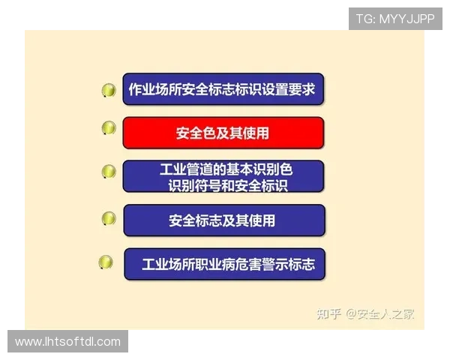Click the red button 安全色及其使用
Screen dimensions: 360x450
pyautogui.click(x=223, y=133)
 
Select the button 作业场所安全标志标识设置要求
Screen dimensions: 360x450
pyautogui.click(x=222, y=89)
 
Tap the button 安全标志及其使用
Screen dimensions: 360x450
pyautogui.click(x=223, y=220)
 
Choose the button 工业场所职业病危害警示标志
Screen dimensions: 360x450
pyautogui.click(x=224, y=264)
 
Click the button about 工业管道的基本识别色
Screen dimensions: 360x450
pyautogui.click(x=223, y=176)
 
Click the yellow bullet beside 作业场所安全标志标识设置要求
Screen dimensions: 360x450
pyautogui.click(x=109, y=91)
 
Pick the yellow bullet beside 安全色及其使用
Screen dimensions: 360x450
pyautogui.click(x=109, y=128)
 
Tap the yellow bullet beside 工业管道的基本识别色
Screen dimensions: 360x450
pyautogui.click(x=109, y=172)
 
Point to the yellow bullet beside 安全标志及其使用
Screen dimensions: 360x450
pyautogui.click(x=109, y=218)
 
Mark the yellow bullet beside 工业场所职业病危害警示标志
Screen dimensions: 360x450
pyautogui.click(x=106, y=262)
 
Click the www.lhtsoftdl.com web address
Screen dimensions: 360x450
pyautogui.click(x=68, y=342)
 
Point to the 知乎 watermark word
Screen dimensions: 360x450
pyautogui.click(x=330, y=313)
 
